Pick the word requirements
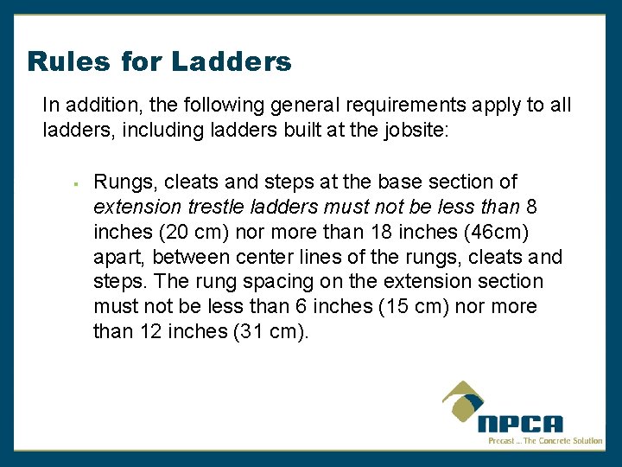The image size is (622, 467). point(390,106)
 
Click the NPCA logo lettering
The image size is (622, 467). point(520,423)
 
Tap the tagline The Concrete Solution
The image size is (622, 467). point(563,441)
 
